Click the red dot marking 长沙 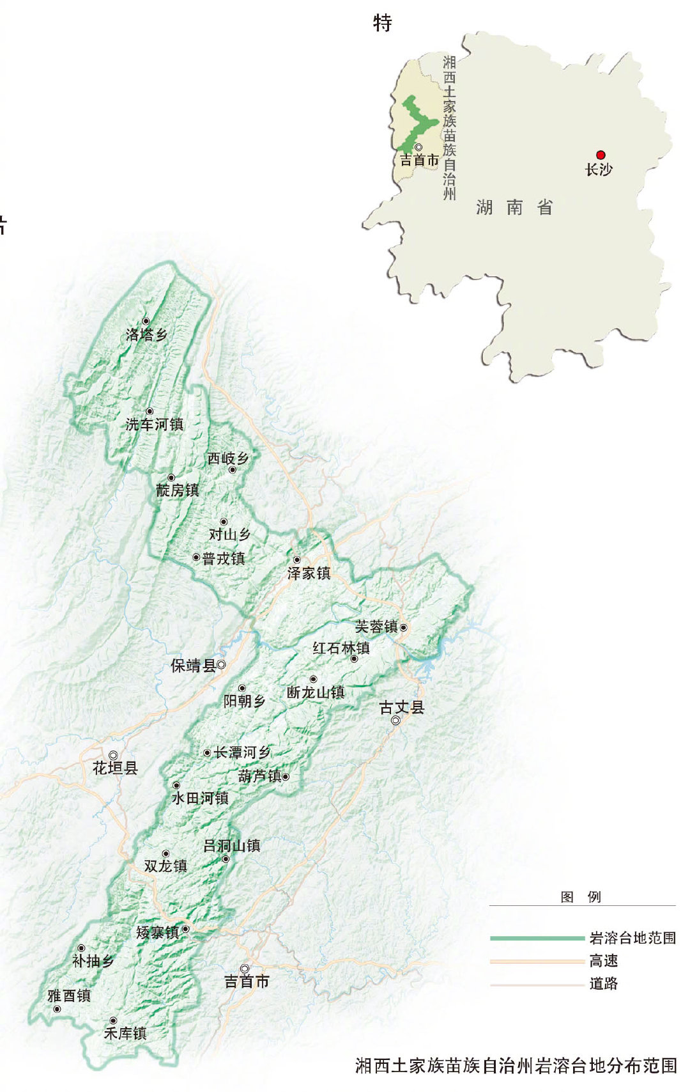pyautogui.click(x=601, y=155)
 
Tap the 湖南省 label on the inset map pyautogui.click(x=514, y=207)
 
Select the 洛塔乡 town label pyautogui.click(x=146, y=334)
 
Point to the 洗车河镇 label pyautogui.click(x=154, y=424)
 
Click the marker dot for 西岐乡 pyautogui.click(x=233, y=470)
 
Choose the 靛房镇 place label pyautogui.click(x=178, y=490)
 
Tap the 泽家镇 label pyautogui.click(x=309, y=573)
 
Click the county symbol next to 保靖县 pyautogui.click(x=221, y=665)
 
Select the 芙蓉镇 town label pyautogui.click(x=376, y=627)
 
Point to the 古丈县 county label pyautogui.click(x=402, y=707)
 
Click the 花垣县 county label pyautogui.click(x=115, y=768)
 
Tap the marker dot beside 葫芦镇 pyautogui.click(x=286, y=777)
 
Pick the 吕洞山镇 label pyautogui.click(x=231, y=846)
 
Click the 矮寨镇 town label pyautogui.click(x=157, y=933)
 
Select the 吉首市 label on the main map pyautogui.click(x=247, y=981)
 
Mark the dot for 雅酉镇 pyautogui.click(x=57, y=1009)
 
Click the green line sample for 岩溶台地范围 pyautogui.click(x=537, y=938)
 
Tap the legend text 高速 pyautogui.click(x=603, y=961)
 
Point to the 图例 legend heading pyautogui.click(x=581, y=897)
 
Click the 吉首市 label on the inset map pyautogui.click(x=419, y=160)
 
